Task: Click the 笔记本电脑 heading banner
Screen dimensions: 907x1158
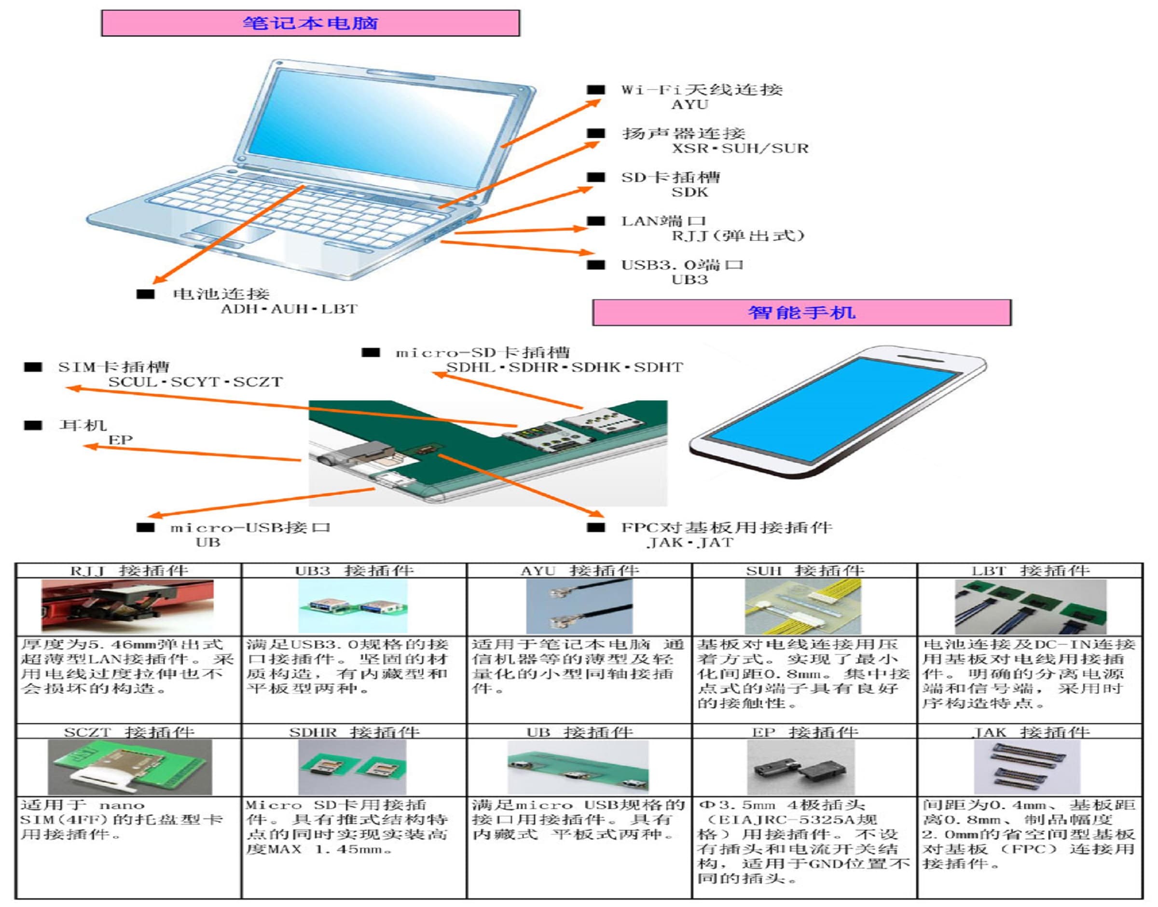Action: point(310,23)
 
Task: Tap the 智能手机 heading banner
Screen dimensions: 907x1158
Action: point(801,312)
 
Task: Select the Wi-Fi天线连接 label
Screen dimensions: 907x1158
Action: point(702,89)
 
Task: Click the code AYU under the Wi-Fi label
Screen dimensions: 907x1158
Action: point(689,105)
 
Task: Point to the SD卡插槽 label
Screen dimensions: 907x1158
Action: point(671,177)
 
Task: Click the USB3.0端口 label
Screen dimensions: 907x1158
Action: point(682,264)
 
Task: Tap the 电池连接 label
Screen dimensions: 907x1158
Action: point(221,294)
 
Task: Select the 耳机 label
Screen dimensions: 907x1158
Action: point(83,425)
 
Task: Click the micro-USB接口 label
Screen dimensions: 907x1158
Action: point(250,528)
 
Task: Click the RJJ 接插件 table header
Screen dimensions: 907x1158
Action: point(129,571)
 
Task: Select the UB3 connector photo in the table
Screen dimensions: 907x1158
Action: point(353,606)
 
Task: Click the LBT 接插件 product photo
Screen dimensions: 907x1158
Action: point(1031,606)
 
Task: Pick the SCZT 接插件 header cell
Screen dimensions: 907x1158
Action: point(129,732)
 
